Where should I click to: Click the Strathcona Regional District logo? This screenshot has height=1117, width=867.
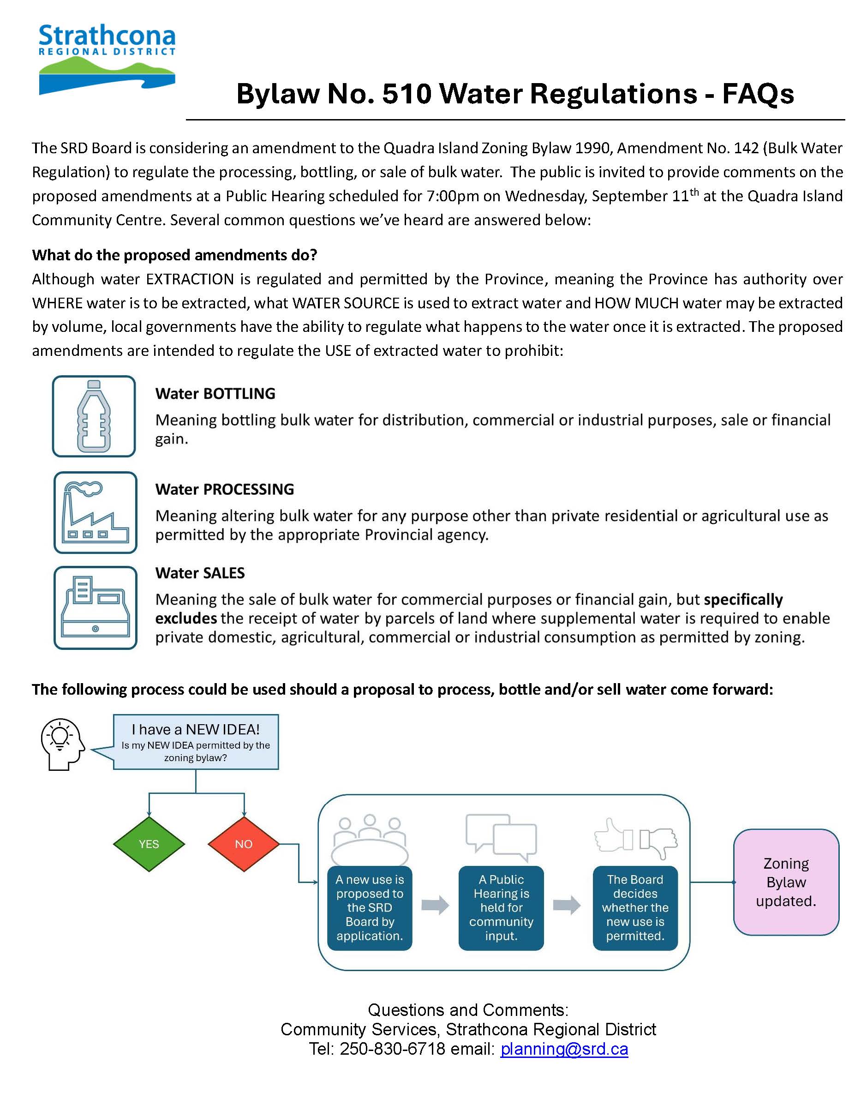pyautogui.click(x=107, y=60)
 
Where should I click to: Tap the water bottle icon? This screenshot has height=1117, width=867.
pyautogui.click(x=94, y=416)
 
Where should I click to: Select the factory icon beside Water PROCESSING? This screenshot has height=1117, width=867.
pyautogui.click(x=96, y=512)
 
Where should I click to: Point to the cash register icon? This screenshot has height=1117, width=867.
pyautogui.click(x=96, y=607)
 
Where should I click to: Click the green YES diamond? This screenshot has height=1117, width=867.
pyautogui.click(x=149, y=844)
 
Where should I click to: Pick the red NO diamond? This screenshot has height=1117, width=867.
pyautogui.click(x=244, y=844)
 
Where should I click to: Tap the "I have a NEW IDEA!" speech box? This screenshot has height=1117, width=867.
pyautogui.click(x=196, y=742)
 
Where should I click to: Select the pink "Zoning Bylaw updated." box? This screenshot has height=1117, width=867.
pyautogui.click(x=786, y=882)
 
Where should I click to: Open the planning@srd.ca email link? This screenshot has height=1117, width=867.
pyautogui.click(x=564, y=1049)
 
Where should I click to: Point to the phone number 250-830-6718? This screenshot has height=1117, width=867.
pyautogui.click(x=393, y=1049)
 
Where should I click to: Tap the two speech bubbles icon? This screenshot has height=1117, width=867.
pyautogui.click(x=501, y=837)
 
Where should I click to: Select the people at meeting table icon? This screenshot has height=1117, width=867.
pyautogui.click(x=370, y=839)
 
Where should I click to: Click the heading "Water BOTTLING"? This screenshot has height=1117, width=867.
pyautogui.click(x=215, y=394)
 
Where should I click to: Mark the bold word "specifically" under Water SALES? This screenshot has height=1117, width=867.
pyautogui.click(x=743, y=599)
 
